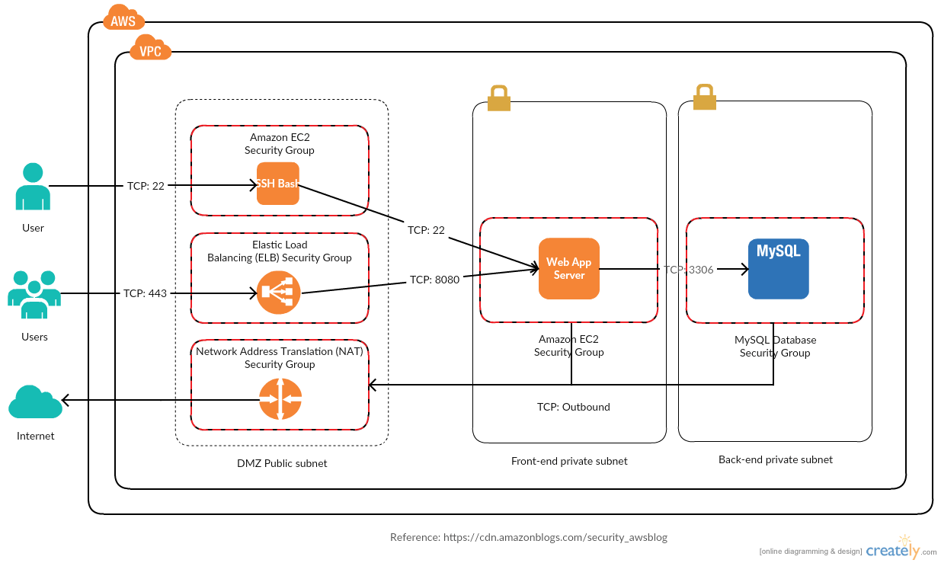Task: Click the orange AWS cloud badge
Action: (123, 20)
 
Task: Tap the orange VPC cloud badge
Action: (150, 50)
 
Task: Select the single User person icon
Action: (33, 186)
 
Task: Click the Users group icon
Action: (34, 294)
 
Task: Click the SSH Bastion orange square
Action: (278, 184)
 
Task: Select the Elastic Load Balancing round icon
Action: (278, 292)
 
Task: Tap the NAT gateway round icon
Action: (280, 398)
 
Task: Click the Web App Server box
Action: (568, 268)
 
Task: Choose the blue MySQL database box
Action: (778, 268)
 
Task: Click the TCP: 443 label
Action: (145, 293)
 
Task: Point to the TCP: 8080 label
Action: (434, 280)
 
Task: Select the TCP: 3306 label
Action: (688, 269)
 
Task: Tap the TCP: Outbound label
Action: (573, 407)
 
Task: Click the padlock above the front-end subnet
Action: (498, 98)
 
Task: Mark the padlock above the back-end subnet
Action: (703, 98)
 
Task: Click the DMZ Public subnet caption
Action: (282, 463)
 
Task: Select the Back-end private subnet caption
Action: (775, 459)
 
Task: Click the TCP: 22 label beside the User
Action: (145, 185)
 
